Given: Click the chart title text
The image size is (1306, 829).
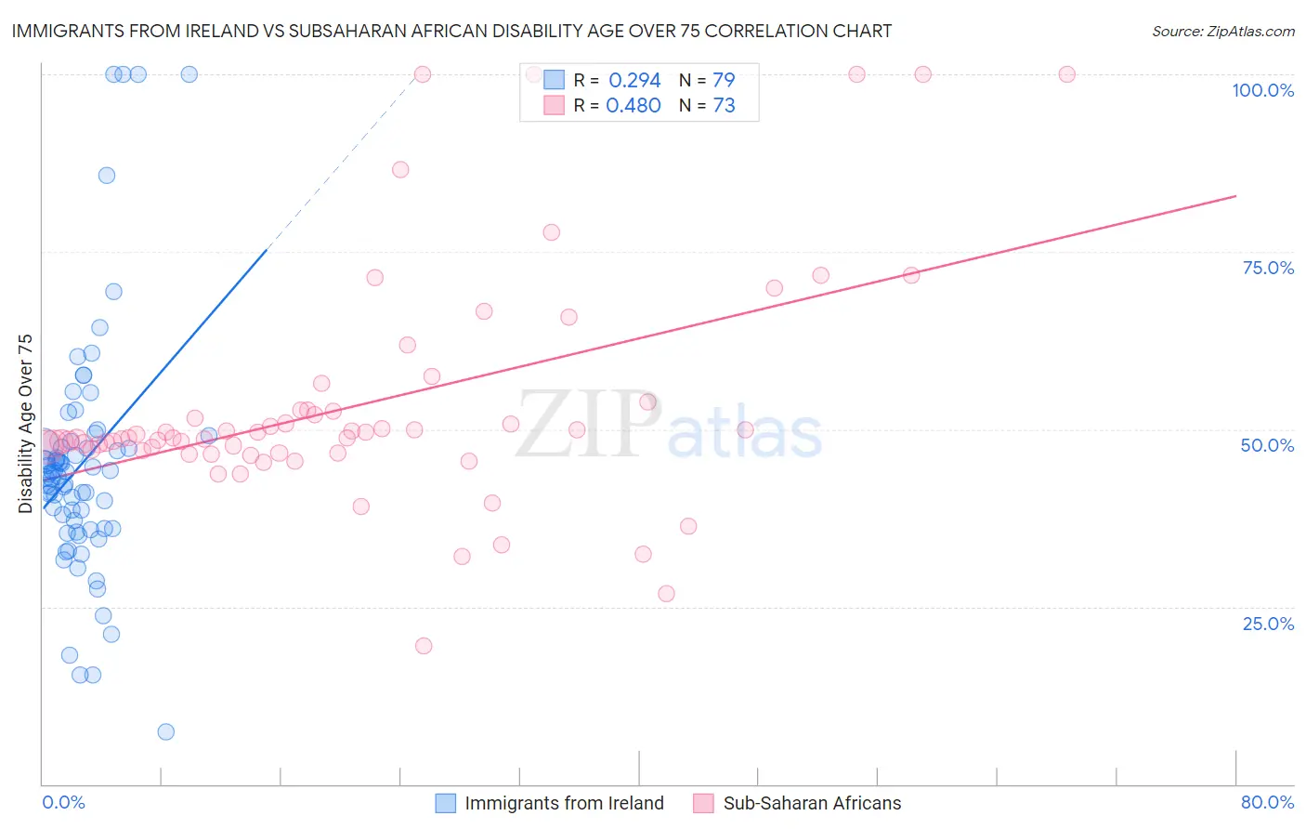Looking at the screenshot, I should [451, 31].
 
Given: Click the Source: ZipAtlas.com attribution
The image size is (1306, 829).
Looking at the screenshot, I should [1222, 31].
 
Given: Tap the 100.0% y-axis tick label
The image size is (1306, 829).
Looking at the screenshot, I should [1262, 90].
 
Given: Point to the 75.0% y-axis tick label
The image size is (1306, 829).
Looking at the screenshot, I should [1268, 268].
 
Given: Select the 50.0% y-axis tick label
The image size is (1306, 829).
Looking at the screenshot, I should [1267, 445].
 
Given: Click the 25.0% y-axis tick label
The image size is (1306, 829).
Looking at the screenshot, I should [1268, 623].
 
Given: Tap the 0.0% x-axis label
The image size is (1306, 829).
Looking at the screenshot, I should [63, 802].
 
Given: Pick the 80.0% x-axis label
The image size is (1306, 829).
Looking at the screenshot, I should [1267, 802].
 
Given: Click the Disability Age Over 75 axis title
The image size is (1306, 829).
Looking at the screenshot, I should [25, 423].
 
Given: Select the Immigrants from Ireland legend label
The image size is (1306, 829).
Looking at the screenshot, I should [564, 803].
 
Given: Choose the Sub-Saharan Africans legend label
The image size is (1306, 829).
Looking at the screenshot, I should [812, 803].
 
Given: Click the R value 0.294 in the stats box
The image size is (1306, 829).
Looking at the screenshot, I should [634, 81].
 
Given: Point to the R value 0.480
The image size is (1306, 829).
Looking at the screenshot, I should [633, 106].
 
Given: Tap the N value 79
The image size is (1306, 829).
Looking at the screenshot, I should [724, 81].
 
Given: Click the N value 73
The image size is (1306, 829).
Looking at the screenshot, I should [724, 106].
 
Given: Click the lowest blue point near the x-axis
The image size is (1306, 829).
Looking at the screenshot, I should [166, 731].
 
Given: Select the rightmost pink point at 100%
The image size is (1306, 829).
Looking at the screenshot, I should [1067, 74].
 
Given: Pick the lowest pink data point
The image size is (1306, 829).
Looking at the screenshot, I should [424, 646].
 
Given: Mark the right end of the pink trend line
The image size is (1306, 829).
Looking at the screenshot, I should [1235, 196].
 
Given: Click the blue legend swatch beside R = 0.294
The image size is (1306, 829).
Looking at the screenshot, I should [555, 80].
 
